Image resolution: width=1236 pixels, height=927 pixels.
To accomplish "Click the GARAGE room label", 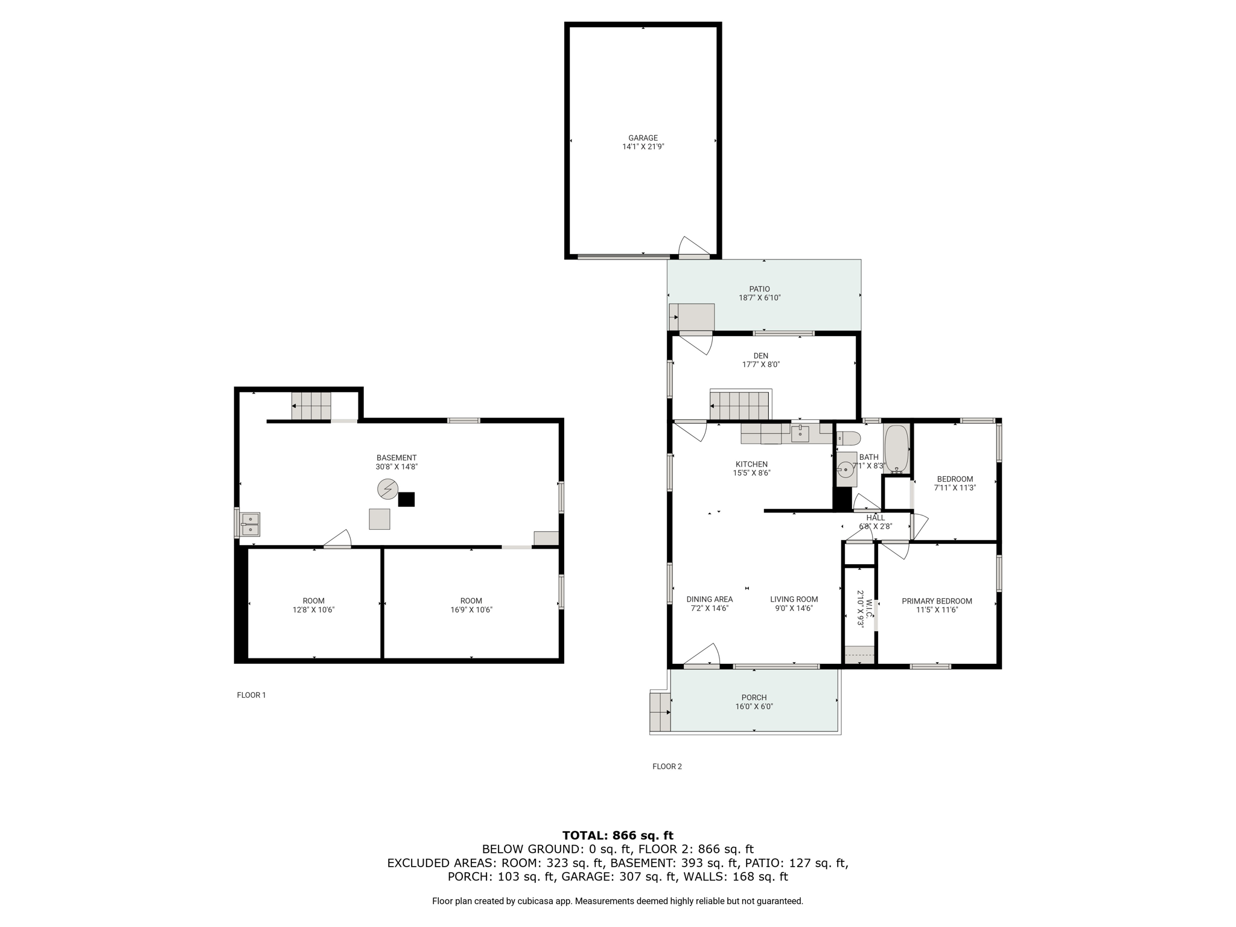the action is click(x=643, y=138).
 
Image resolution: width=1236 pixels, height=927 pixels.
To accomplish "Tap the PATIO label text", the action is click(x=760, y=289).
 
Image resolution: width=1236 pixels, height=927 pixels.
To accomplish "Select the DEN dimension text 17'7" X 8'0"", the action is click(x=761, y=365).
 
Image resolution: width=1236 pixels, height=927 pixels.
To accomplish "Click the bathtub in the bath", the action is click(x=896, y=449).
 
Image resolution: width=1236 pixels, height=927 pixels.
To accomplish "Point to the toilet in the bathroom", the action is click(x=848, y=438).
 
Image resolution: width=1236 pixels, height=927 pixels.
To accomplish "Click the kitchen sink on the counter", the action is click(x=800, y=433).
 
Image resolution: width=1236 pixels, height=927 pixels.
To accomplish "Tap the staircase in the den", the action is click(x=741, y=405).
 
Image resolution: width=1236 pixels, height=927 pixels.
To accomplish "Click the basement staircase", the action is click(x=311, y=406).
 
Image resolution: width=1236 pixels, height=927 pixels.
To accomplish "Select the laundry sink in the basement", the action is click(x=250, y=524).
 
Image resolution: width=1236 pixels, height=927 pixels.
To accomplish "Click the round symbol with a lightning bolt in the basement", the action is click(x=388, y=489).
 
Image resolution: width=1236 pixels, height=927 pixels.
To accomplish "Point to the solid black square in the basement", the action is click(x=406, y=499).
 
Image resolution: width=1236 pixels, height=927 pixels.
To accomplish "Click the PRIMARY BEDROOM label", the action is click(x=937, y=601).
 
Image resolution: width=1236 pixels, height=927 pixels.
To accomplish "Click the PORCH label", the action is click(x=754, y=698).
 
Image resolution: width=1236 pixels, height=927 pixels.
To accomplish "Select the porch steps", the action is click(x=660, y=712).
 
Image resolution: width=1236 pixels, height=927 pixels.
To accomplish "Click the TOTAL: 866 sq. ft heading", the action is click(x=618, y=836).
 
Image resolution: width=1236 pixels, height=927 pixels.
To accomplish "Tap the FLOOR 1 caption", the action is click(x=251, y=695).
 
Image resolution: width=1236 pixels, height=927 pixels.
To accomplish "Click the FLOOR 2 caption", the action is click(x=667, y=766).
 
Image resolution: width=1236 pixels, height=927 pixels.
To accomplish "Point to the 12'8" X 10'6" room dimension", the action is click(x=313, y=610).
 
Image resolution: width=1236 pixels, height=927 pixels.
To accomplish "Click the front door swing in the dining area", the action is click(x=702, y=655).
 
